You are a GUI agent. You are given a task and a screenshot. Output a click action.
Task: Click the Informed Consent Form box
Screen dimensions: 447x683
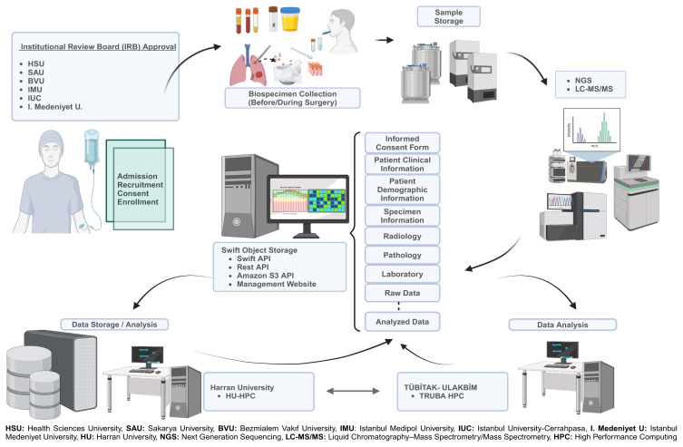(402, 142)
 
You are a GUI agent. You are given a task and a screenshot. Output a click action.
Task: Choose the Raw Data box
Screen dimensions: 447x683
(402, 294)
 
